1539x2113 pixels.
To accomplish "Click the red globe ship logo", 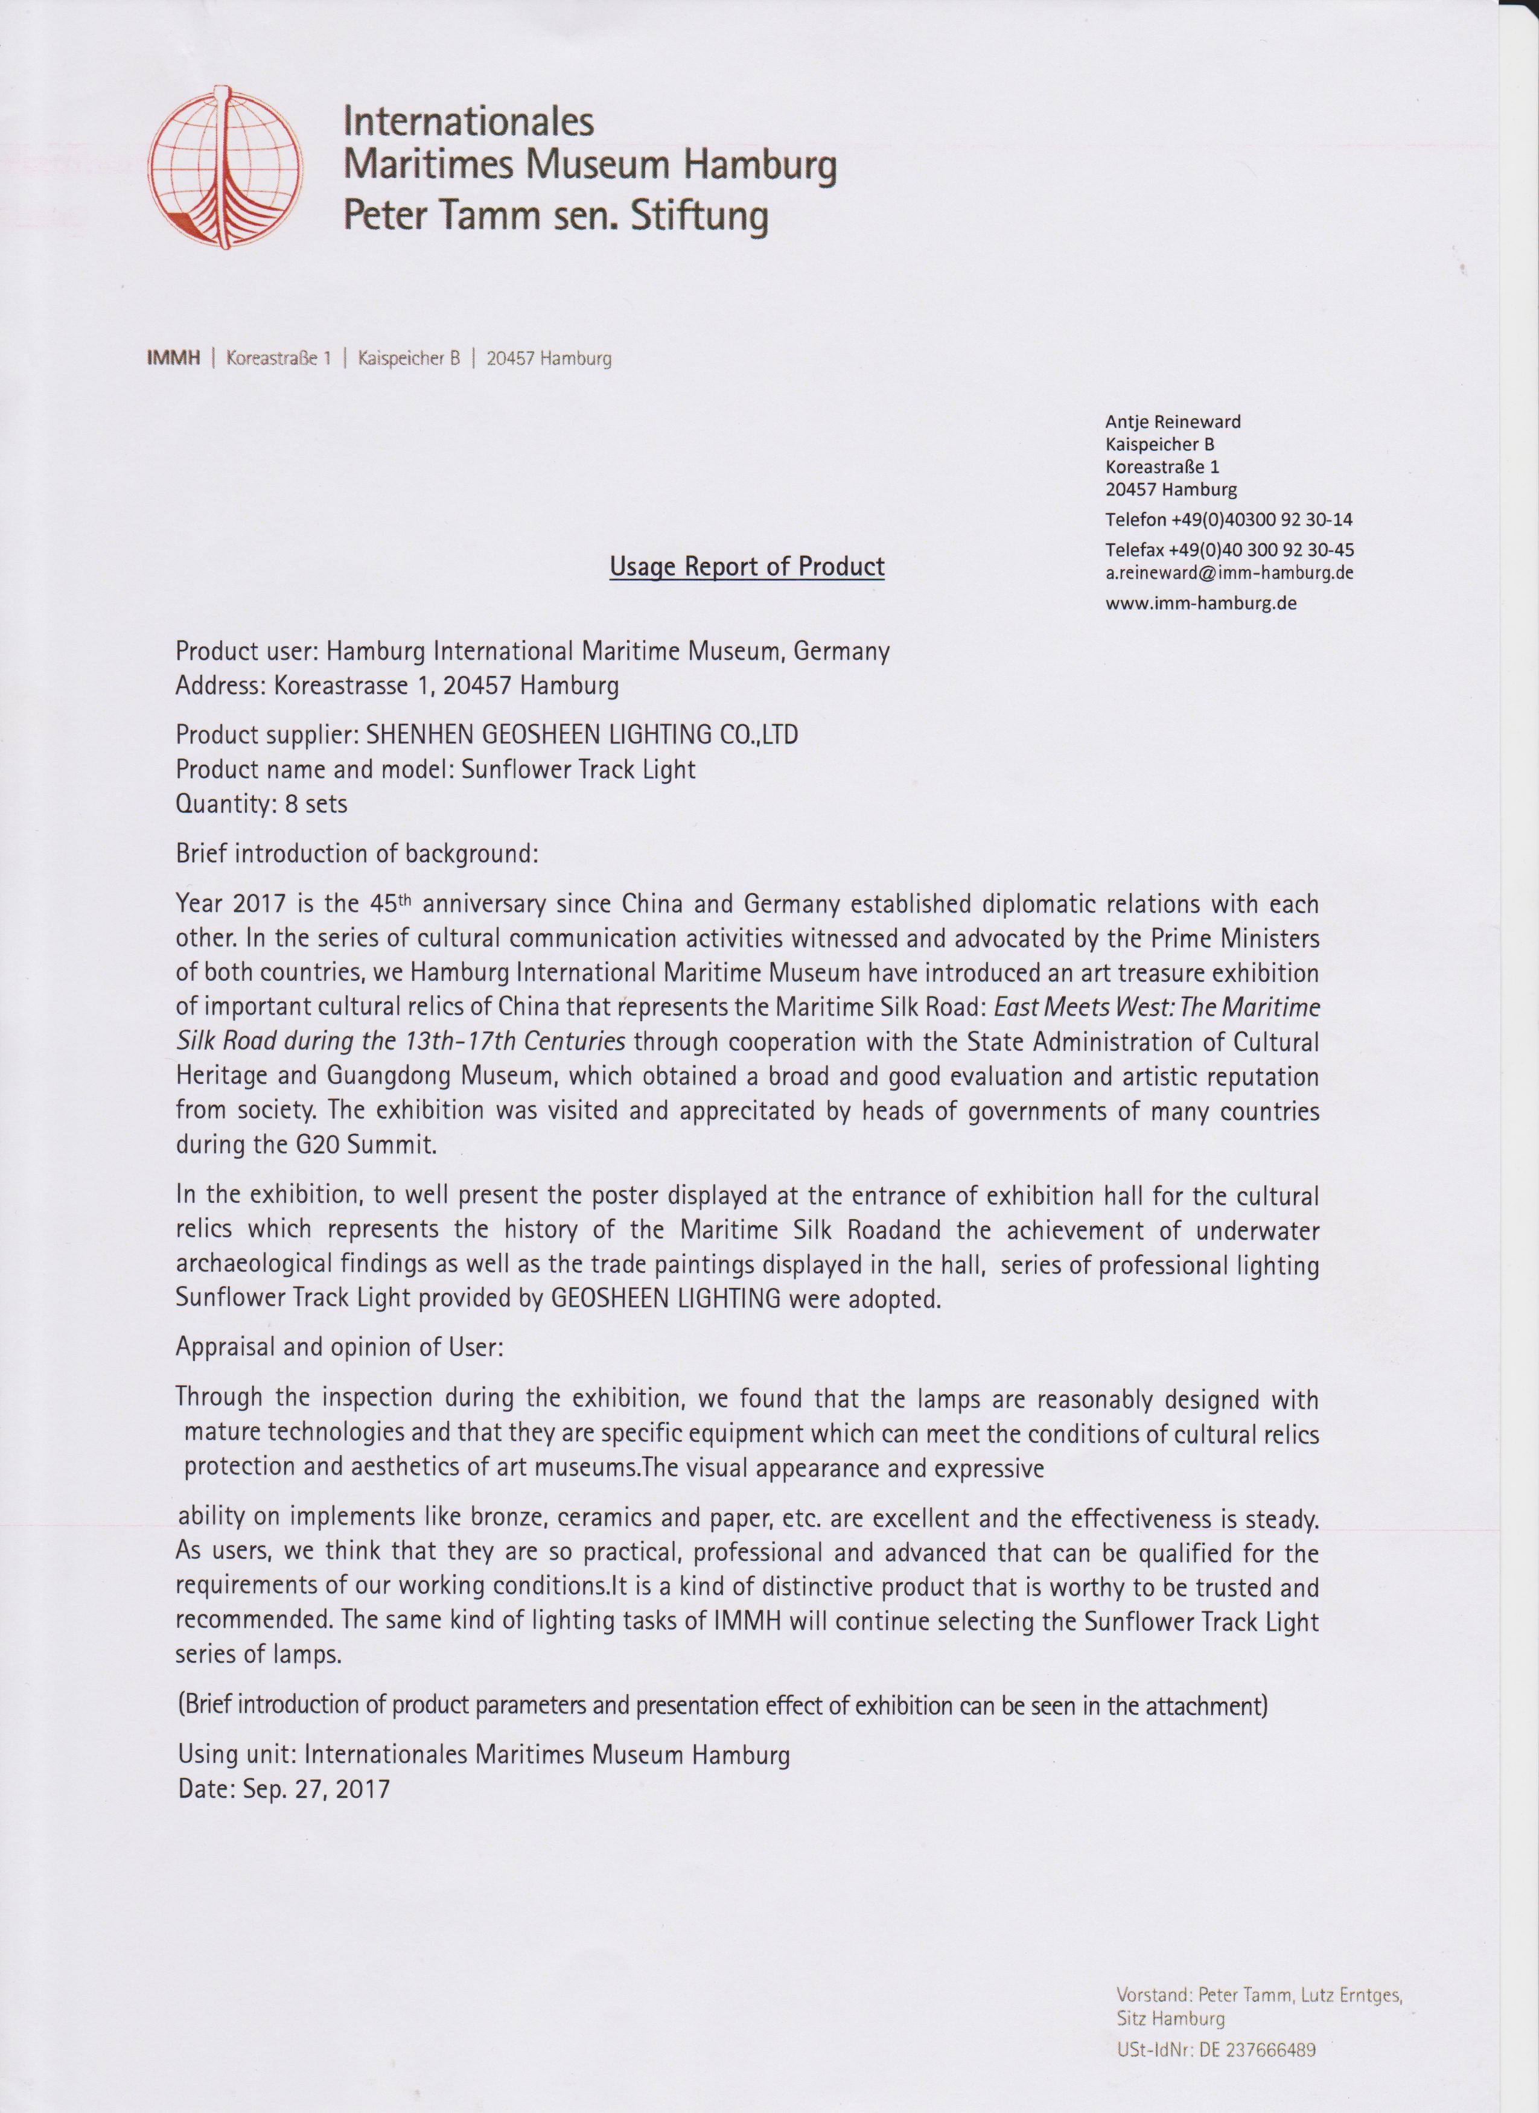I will (226, 170).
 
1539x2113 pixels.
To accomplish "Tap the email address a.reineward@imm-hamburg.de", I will (1229, 573).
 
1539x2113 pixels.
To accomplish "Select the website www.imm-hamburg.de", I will (1201, 603).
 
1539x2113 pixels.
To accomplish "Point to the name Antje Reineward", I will (1173, 422).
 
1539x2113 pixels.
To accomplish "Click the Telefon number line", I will (1229, 519).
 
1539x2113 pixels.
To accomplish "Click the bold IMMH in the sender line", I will (173, 359).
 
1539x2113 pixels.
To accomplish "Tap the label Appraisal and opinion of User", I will (339, 1347).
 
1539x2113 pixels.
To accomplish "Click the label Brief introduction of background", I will (357, 853).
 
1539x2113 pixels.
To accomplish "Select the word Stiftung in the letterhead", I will (699, 216).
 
